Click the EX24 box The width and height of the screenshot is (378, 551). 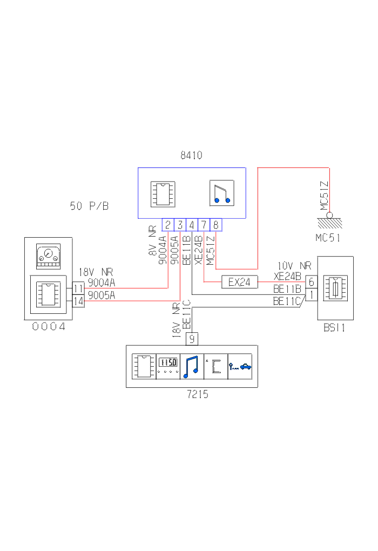click(x=239, y=281)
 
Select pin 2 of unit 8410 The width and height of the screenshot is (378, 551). click(x=168, y=225)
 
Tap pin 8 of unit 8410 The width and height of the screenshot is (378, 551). click(x=215, y=225)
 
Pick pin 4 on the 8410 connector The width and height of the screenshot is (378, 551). click(x=192, y=225)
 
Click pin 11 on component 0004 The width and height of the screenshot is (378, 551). click(x=79, y=288)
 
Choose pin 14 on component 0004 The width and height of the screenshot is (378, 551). click(x=79, y=300)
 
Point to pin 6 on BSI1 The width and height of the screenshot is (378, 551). click(x=312, y=282)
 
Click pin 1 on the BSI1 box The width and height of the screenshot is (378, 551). click(x=312, y=294)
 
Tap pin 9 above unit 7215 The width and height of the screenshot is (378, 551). click(x=192, y=339)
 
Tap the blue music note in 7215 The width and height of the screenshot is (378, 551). click(x=192, y=366)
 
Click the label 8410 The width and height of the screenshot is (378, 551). click(x=191, y=156)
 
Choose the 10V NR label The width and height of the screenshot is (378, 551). click(x=294, y=266)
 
